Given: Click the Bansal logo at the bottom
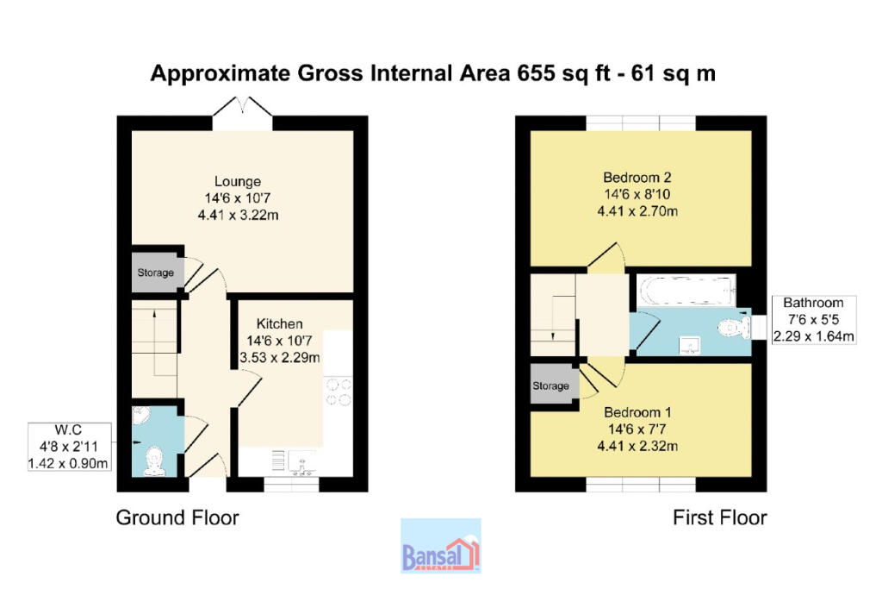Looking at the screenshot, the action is click(440, 546).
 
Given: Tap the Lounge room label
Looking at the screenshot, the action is click(238, 181).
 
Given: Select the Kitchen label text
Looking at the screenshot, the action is click(280, 323).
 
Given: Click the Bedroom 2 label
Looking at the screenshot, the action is click(637, 178).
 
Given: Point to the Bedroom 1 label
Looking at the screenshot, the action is click(637, 412).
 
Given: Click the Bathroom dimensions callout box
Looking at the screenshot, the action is click(813, 320).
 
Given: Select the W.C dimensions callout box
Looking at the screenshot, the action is click(69, 447).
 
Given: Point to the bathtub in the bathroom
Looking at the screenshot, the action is click(686, 291).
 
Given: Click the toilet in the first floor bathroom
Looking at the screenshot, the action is click(735, 327).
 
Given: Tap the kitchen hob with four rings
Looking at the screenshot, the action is click(339, 392).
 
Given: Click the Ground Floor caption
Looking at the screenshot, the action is click(177, 517).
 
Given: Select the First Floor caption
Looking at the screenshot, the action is click(719, 517).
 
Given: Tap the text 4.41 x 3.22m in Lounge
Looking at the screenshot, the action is click(238, 215).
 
